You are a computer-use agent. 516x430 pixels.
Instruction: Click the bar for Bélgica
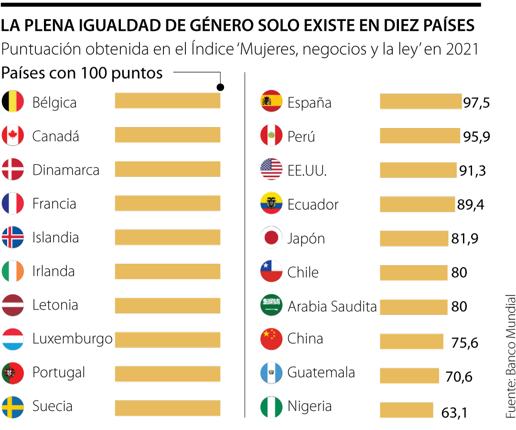tap(167, 101)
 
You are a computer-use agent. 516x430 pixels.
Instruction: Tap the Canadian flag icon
tap(13, 136)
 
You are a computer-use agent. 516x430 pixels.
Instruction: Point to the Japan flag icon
tap(271, 237)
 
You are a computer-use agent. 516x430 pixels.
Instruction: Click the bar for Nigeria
tap(406, 410)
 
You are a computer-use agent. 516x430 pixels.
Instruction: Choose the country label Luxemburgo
tap(72, 339)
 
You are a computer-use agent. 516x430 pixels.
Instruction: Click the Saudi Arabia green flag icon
tap(271, 305)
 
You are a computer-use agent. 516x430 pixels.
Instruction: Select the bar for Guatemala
tap(409, 376)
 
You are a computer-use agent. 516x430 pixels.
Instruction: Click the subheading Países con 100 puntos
tap(82, 74)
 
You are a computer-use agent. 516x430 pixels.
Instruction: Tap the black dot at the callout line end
tap(220, 87)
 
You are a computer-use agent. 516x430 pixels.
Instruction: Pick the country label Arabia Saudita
tap(332, 306)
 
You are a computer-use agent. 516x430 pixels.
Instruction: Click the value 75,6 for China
tap(464, 343)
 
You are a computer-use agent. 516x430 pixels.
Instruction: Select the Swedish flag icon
tap(13, 407)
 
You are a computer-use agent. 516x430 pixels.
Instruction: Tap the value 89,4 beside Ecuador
tap(471, 205)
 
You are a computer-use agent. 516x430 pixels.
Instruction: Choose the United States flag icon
tap(271, 170)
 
